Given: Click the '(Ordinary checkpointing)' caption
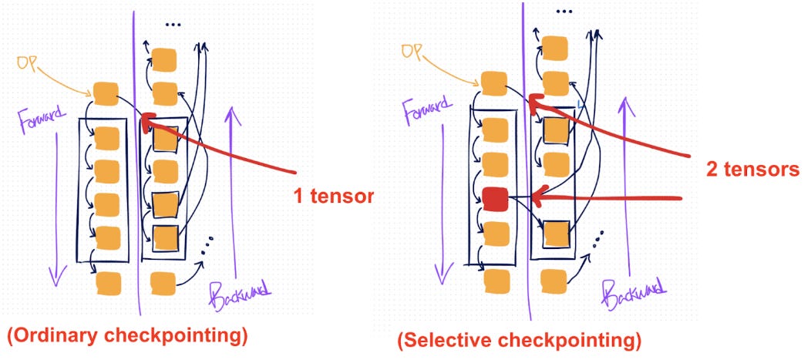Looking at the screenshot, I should tap(126, 338).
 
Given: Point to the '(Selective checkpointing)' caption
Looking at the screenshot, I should tap(519, 339).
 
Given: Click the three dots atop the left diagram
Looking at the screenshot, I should tap(172, 25).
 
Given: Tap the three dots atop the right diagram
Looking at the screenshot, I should tap(565, 12).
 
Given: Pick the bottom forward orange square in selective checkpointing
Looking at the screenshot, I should tap(496, 281).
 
